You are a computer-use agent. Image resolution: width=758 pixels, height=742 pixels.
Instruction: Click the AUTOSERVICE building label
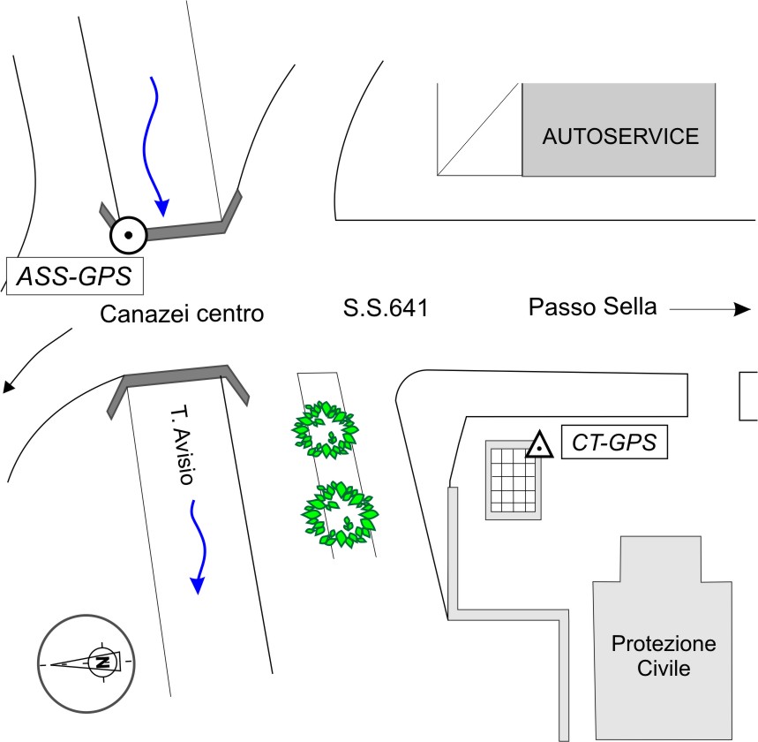[x=619, y=136]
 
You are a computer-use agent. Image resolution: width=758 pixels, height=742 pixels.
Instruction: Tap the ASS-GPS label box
[x=74, y=277]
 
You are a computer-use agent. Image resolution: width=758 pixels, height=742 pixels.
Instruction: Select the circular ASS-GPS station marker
[x=128, y=234]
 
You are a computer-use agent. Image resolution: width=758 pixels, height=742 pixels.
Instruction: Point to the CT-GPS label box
[x=612, y=443]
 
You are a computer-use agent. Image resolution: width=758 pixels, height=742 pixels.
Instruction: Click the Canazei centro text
[x=183, y=314]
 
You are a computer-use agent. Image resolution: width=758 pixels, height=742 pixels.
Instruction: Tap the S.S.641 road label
[x=385, y=308]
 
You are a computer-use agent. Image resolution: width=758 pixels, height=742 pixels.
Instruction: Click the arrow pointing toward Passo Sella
[x=710, y=309]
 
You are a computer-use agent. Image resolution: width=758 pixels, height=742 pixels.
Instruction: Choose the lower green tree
[x=340, y=514]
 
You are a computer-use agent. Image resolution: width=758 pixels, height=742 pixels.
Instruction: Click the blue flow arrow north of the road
[x=155, y=146]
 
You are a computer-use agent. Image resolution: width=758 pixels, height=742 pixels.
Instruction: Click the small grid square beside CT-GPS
[x=513, y=478]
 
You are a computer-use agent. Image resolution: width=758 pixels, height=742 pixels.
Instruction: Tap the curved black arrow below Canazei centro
[x=35, y=362]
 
